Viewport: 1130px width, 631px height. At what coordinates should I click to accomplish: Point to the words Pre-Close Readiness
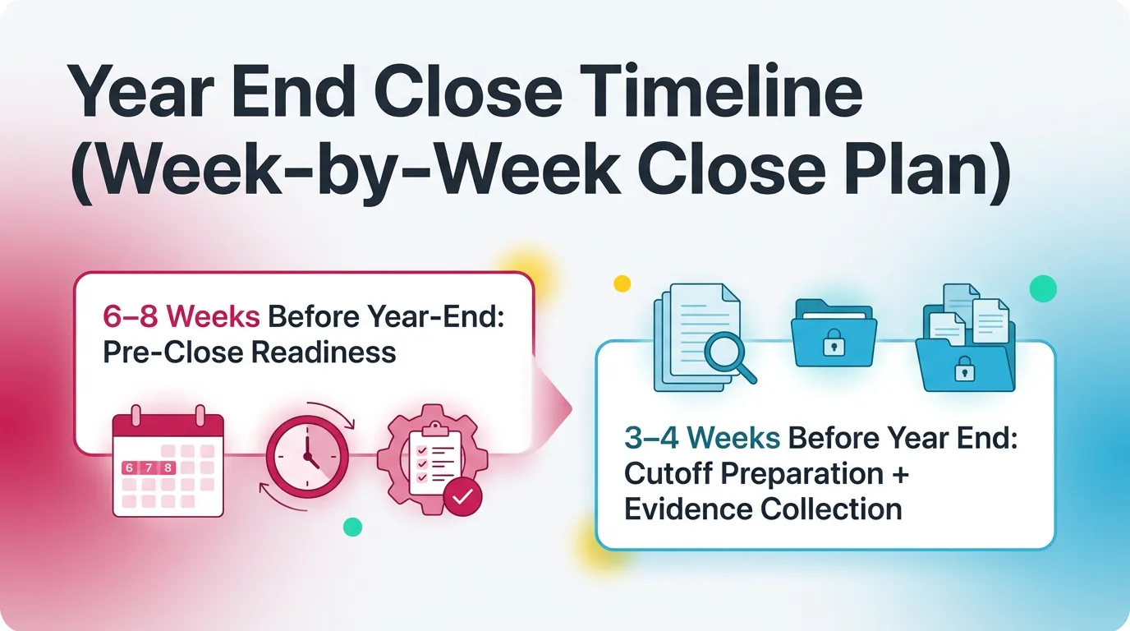[249, 352]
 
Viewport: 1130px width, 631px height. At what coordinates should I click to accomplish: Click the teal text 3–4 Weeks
[701, 439]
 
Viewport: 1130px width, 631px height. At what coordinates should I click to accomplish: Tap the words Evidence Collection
[763, 509]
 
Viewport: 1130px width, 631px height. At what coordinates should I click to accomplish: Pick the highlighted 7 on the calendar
[149, 467]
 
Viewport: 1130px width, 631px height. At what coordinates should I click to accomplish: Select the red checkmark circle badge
[462, 495]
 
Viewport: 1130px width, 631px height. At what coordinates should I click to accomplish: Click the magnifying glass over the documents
[731, 358]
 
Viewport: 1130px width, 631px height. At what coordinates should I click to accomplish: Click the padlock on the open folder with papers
[964, 372]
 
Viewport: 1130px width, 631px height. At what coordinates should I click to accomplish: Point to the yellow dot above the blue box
[622, 283]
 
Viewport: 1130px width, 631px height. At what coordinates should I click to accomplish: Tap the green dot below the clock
[352, 527]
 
